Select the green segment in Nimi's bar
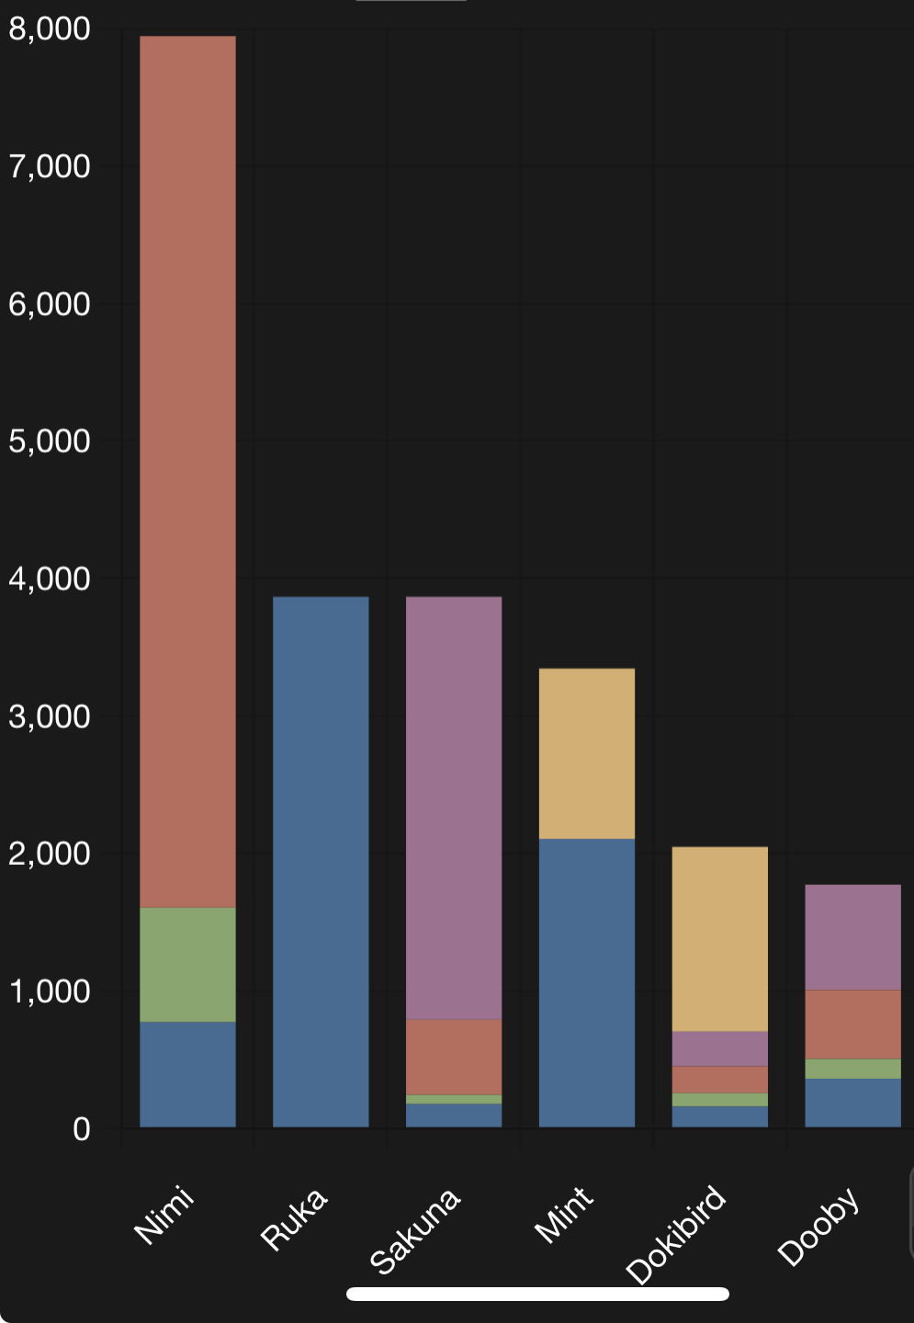click(x=187, y=964)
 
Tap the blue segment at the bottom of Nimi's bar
click(x=187, y=1074)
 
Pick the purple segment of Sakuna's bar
click(x=454, y=808)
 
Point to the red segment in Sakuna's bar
click(x=454, y=1057)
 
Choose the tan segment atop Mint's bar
click(x=586, y=753)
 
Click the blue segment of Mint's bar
click(x=586, y=982)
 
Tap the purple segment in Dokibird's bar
click(x=719, y=1048)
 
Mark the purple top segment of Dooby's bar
click(x=852, y=936)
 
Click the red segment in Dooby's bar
click(x=852, y=1025)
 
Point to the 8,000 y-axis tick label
click(x=50, y=29)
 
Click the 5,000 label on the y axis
click(x=50, y=442)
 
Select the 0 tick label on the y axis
click(x=82, y=1129)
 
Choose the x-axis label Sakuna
click(x=414, y=1230)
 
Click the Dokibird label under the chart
click(x=676, y=1235)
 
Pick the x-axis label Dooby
click(x=818, y=1226)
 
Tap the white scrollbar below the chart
click(x=537, y=1294)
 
